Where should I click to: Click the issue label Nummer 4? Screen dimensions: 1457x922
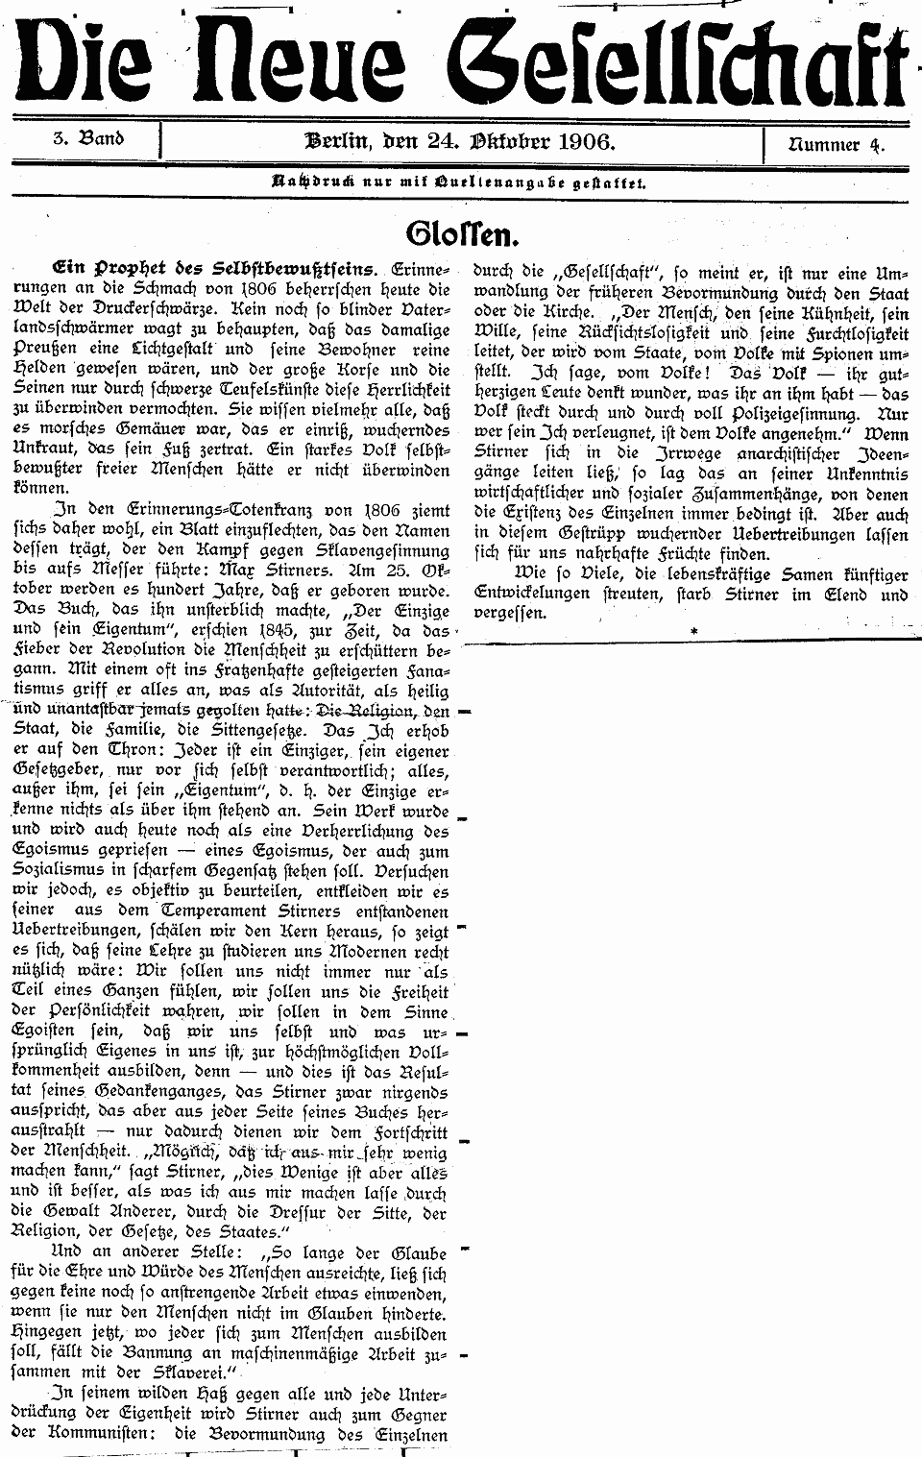(837, 145)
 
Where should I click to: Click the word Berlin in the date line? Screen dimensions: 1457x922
(337, 142)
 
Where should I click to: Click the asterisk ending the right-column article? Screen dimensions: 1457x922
(691, 629)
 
